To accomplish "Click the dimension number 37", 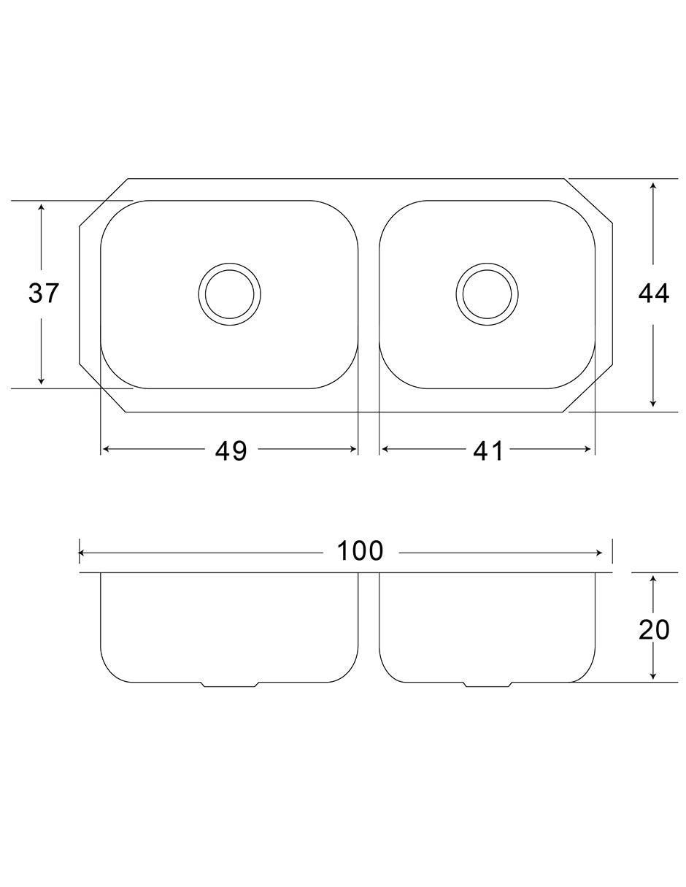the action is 43,293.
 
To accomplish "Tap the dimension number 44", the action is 653,293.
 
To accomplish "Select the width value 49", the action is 231,450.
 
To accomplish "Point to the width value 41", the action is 488,450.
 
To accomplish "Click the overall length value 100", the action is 360,550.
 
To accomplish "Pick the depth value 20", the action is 654,629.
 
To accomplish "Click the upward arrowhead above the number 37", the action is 41,208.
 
